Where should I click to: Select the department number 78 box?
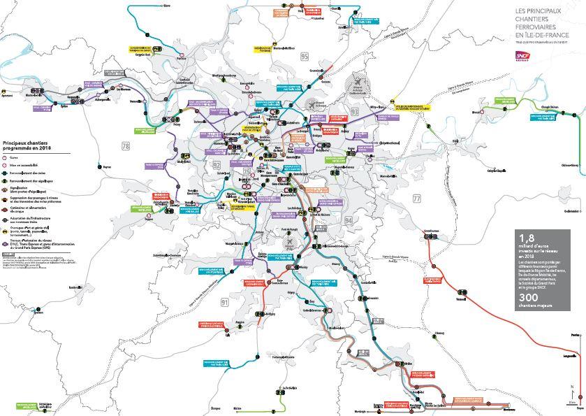[x=126, y=145]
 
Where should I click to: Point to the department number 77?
[x=417, y=199]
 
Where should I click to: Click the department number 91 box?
[x=224, y=302]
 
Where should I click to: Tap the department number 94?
[x=349, y=221]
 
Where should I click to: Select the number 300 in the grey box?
[x=529, y=296]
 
